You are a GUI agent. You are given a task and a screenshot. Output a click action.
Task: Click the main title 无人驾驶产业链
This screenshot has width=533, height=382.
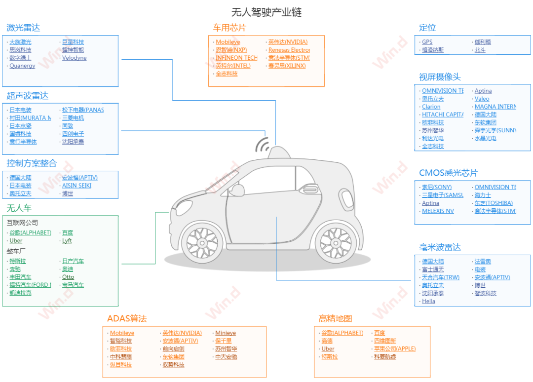(x=266, y=12)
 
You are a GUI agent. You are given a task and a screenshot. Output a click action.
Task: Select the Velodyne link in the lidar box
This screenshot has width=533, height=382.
(x=74, y=58)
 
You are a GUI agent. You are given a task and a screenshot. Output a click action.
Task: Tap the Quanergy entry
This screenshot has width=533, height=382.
(x=22, y=66)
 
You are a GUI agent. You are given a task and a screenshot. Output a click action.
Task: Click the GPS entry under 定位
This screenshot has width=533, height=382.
(x=427, y=42)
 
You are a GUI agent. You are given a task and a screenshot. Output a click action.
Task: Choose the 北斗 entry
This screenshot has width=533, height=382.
(x=480, y=50)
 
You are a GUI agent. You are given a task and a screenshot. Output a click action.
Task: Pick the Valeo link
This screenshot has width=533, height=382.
(x=482, y=99)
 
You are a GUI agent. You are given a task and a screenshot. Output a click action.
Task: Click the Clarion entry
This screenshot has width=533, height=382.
(x=431, y=107)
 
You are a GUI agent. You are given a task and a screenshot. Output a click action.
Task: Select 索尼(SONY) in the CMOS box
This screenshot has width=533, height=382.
(x=436, y=187)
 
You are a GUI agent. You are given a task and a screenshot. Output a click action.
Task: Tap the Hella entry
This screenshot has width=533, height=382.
(x=428, y=301)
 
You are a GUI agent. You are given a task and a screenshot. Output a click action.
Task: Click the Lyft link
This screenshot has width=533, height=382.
(x=67, y=241)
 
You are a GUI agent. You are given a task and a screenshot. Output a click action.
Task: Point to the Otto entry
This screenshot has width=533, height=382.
(x=68, y=277)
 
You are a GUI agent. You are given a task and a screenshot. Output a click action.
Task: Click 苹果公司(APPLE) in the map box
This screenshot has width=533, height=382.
(x=394, y=349)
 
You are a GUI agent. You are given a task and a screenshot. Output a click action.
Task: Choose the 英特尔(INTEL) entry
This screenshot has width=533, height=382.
(x=233, y=66)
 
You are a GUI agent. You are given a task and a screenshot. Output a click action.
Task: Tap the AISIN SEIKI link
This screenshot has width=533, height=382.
(x=76, y=186)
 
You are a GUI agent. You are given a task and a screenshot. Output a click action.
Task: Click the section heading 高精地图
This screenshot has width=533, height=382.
(x=336, y=319)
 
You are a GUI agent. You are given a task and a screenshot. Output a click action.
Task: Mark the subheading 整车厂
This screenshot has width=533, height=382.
(x=16, y=251)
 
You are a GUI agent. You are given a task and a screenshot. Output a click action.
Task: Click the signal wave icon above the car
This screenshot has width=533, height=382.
(x=263, y=145)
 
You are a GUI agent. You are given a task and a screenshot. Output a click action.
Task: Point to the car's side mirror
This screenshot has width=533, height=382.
(x=237, y=190)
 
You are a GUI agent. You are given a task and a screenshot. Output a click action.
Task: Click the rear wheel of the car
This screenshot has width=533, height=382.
(x=336, y=242)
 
